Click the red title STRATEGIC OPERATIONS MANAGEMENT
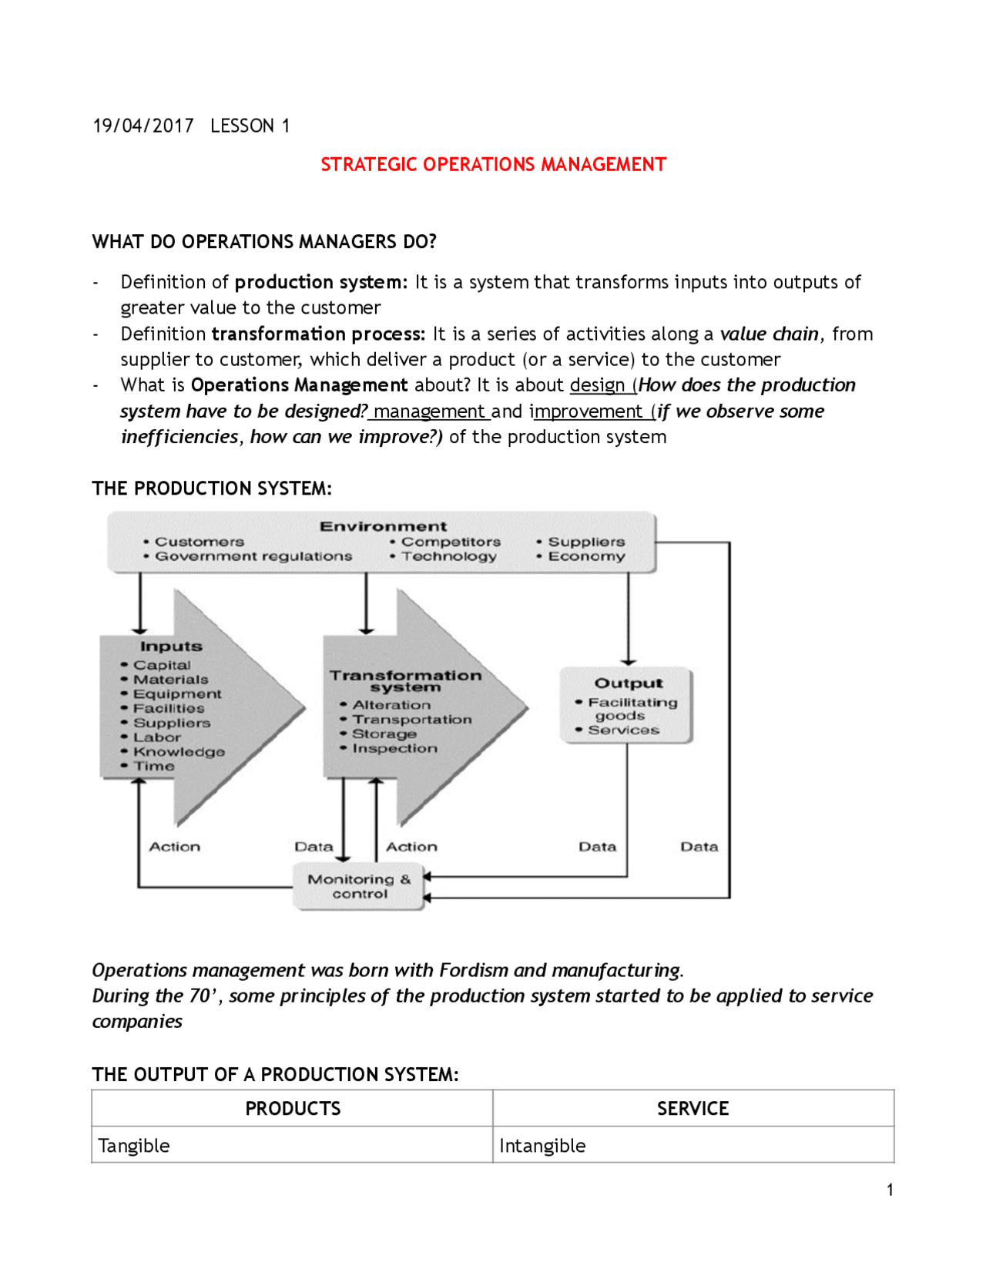pyautogui.click(x=493, y=165)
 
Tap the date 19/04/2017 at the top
pyautogui.click(x=143, y=126)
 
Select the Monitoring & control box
pyautogui.click(x=359, y=886)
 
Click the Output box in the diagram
pyautogui.click(x=626, y=705)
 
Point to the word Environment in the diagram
pyautogui.click(x=383, y=526)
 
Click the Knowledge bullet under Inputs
pyautogui.click(x=179, y=751)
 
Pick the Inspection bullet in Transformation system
pyautogui.click(x=394, y=748)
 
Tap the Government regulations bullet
pyautogui.click(x=253, y=556)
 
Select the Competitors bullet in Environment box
pyautogui.click(x=450, y=542)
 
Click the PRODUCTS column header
pyautogui.click(x=293, y=1108)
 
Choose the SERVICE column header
pyautogui.click(x=693, y=1108)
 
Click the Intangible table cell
pyautogui.click(x=542, y=1145)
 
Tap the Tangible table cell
pyautogui.click(x=134, y=1145)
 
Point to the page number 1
pyautogui.click(x=890, y=1190)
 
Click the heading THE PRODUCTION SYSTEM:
pyautogui.click(x=212, y=489)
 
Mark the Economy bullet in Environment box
pyautogui.click(x=586, y=556)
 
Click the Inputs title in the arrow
pyautogui.click(x=171, y=646)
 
